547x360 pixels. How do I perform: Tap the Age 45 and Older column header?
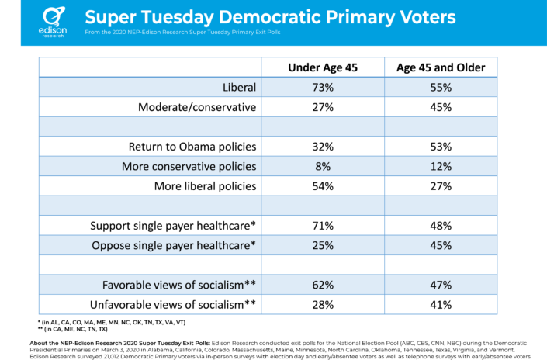[x=441, y=67]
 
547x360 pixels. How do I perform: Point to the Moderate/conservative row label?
[x=197, y=107]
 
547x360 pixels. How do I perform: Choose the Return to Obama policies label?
[x=192, y=146]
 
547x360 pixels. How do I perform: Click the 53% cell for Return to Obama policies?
[x=441, y=146]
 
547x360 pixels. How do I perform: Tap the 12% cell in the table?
[x=441, y=166]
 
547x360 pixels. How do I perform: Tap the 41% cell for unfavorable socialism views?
[x=441, y=303]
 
